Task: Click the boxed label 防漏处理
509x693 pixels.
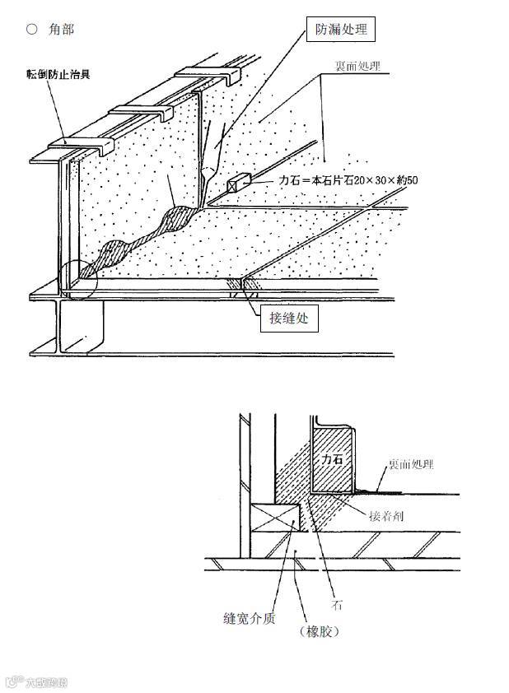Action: pyautogui.click(x=341, y=30)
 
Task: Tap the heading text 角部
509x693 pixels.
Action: pyautogui.click(x=62, y=29)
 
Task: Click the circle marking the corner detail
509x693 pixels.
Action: pyautogui.click(x=79, y=280)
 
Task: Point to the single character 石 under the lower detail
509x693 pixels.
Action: pyautogui.click(x=337, y=605)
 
